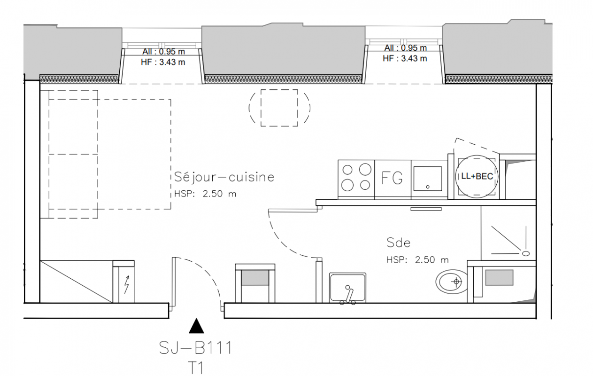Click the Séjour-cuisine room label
pos(224,177)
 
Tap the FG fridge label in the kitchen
pos(392,178)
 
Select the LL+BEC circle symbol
pos(477,176)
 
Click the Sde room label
pos(399,243)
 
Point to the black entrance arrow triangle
pos(196,326)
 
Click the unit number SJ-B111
pos(196,348)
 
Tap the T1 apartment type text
pos(196,368)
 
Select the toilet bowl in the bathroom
pos(452,282)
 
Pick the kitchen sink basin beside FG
pos(428,178)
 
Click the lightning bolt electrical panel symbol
pos(127,285)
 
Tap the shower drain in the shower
pos(526,254)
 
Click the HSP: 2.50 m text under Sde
pos(417,260)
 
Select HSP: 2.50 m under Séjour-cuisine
pos(205,194)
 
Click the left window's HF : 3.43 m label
pos(163,62)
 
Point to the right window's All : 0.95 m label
pos(405,48)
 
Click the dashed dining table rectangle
pos(279,108)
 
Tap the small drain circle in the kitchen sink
pos(428,187)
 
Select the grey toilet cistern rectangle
pos(499,277)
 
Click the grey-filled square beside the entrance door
pos(255,277)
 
